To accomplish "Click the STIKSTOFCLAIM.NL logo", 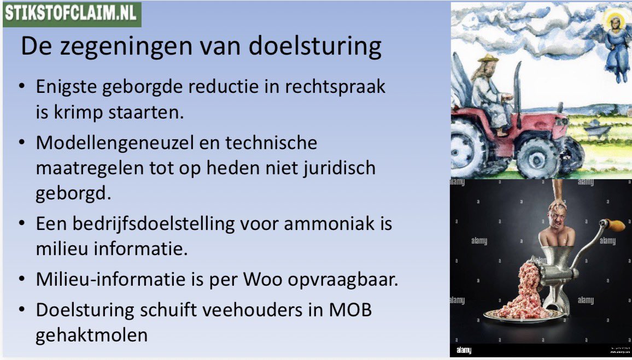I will (x=72, y=13).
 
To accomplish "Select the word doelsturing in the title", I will (x=316, y=46).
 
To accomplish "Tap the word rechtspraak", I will (x=344, y=87).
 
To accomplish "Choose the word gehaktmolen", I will (x=91, y=334).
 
